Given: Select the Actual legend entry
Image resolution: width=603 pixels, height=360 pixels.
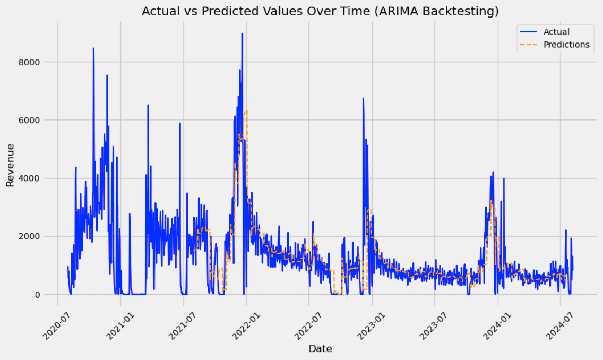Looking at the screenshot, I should click(x=556, y=32).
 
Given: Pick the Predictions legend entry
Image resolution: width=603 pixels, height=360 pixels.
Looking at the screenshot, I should click(x=566, y=45).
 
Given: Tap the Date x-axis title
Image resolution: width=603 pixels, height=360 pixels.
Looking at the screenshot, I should click(x=320, y=349).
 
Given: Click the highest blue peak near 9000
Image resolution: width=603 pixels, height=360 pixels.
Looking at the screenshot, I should click(x=242, y=33).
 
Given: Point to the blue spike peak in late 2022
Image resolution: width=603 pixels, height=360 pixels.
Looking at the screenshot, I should click(x=363, y=99).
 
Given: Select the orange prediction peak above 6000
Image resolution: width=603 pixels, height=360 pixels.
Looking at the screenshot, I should click(x=246, y=111).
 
